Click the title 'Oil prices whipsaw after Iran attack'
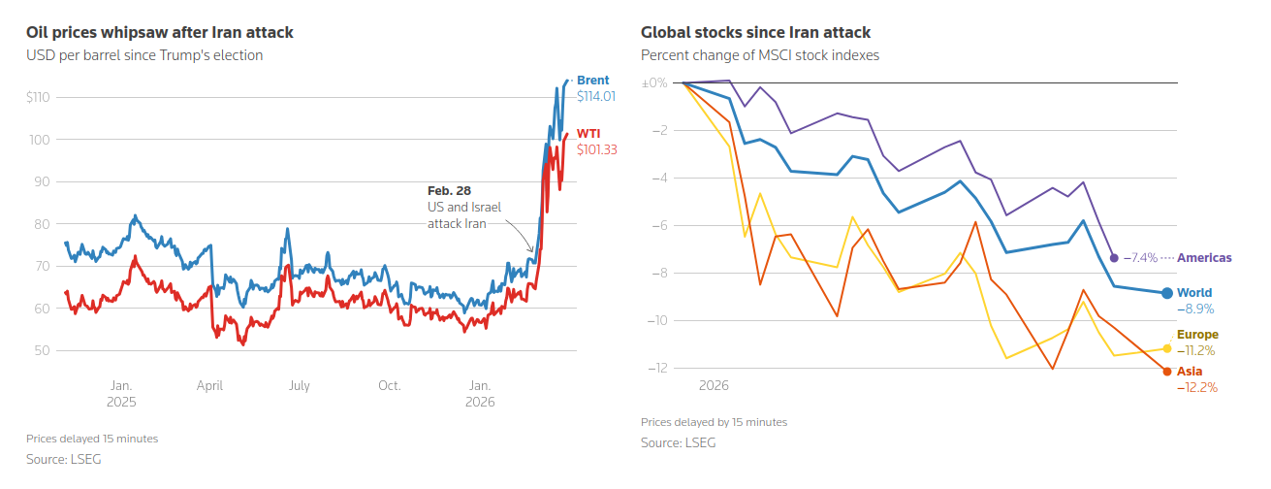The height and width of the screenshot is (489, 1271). (160, 32)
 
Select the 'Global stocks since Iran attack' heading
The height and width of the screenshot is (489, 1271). (755, 32)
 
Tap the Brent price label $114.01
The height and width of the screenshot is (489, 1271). (596, 97)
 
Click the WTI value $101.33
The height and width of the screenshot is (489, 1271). (596, 149)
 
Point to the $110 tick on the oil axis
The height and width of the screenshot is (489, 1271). (39, 97)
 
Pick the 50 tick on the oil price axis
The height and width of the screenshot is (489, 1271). (44, 351)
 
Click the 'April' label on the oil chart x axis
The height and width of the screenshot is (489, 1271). (210, 385)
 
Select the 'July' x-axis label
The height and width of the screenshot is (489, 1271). (299, 385)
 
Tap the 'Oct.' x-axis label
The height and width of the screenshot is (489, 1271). (389, 385)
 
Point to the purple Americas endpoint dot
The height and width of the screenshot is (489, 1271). (1114, 258)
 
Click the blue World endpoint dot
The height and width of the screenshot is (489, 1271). (1167, 293)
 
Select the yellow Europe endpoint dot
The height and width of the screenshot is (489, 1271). (1167, 348)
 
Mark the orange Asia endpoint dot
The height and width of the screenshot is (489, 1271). (1167, 372)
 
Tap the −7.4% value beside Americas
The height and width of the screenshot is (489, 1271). (1140, 258)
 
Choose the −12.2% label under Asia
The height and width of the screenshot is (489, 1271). (1196, 387)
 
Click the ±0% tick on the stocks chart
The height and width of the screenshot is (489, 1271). (655, 83)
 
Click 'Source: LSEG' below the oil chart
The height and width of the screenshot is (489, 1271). (64, 459)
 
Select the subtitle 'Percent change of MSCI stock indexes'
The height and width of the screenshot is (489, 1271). (760, 55)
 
